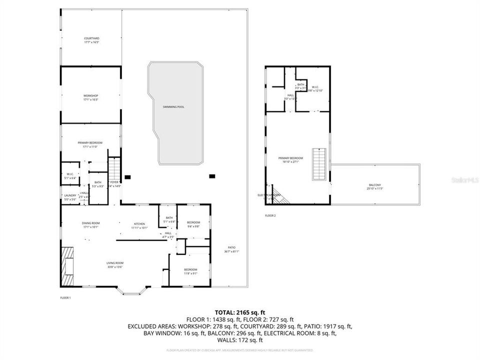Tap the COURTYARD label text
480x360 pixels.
[91, 38]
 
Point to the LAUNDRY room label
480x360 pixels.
[69, 195]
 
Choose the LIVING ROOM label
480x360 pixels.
[114, 263]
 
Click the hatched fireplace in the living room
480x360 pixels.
[67, 265]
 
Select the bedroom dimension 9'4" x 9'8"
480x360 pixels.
[193, 226]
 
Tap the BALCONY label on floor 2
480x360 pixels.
[375, 185]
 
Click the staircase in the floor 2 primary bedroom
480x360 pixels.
[318, 165]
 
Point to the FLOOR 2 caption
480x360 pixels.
[270, 215]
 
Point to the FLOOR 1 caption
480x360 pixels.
[65, 297]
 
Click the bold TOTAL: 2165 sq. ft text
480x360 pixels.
[239, 311]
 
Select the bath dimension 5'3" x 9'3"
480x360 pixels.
[98, 186]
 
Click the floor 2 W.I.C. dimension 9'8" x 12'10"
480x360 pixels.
[315, 90]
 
